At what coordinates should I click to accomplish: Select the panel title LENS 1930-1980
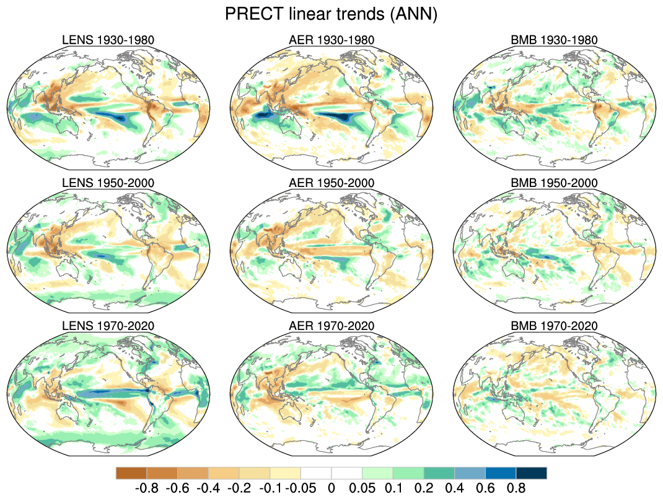point(108,40)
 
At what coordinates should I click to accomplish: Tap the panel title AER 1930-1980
point(331,40)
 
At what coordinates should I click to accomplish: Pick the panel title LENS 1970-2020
point(108,326)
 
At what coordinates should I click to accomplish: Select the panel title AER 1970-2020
point(331,326)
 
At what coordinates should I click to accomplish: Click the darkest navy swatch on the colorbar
point(531,473)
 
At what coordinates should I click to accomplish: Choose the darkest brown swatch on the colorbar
point(131,473)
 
